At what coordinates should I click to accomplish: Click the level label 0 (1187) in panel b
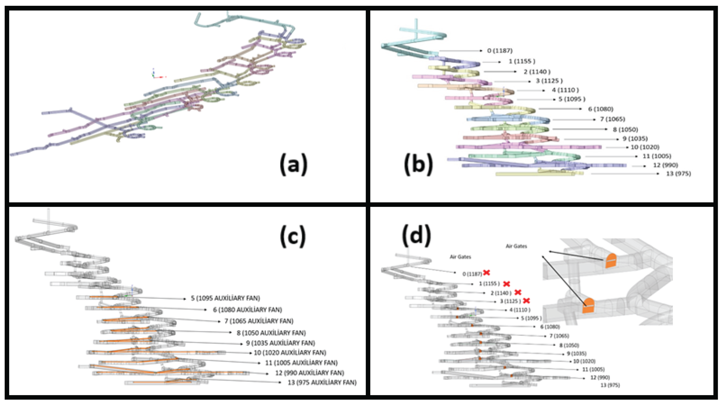point(500,51)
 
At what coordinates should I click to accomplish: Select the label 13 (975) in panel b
point(679,174)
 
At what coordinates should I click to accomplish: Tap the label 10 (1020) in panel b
point(645,147)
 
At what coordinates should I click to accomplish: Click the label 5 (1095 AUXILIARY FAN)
point(225,298)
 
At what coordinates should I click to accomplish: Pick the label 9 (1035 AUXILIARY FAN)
point(281,343)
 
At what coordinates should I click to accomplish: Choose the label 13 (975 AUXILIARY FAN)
point(322,382)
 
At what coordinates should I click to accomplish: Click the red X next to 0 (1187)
point(487,272)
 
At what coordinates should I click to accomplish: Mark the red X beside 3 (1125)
point(527,301)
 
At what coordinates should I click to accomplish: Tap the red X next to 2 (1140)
point(518,292)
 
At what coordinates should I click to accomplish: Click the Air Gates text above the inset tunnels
point(516,246)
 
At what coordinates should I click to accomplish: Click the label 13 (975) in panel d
point(610,385)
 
